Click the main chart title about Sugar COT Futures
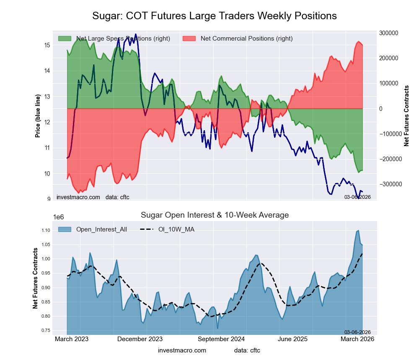pos(215,16)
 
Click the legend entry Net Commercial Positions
pos(246,39)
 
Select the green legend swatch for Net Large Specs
pos(65,39)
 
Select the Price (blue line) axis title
pos(38,116)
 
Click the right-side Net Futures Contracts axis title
pos(406,116)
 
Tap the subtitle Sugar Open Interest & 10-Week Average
pos(215,215)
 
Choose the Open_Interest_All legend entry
pos(100,229)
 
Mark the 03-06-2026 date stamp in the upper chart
pos(357,197)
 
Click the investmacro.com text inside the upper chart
pos(78,197)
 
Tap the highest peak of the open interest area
pos(358,231)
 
